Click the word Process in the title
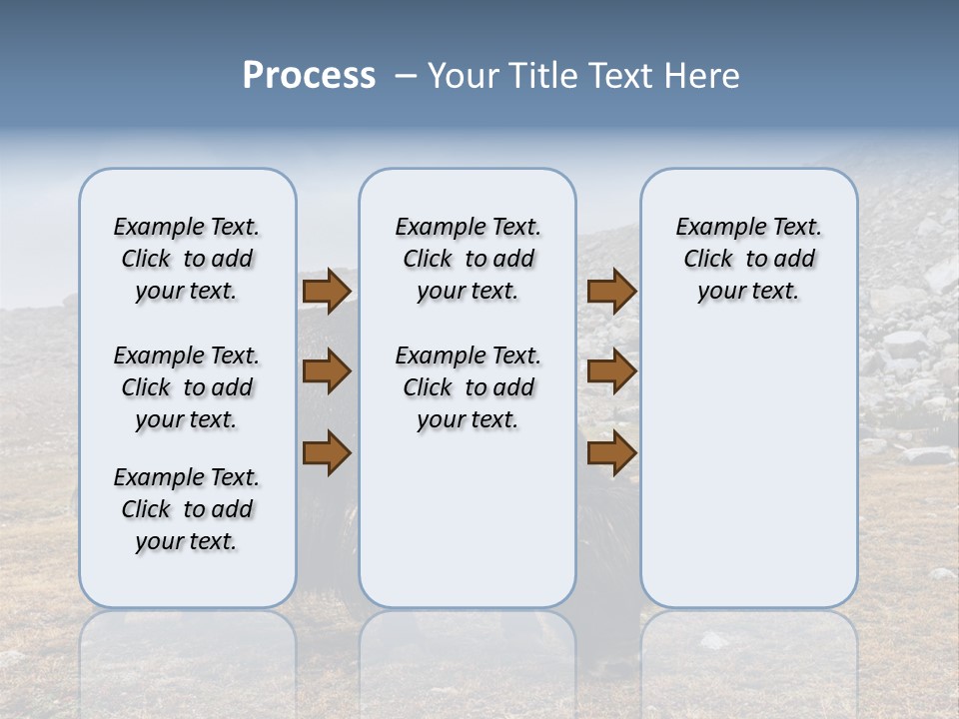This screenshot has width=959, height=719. point(309,76)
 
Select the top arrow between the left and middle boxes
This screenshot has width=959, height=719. point(327,291)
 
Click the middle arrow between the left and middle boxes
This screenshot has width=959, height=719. point(327,371)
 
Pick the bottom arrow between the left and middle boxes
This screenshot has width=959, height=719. point(327,452)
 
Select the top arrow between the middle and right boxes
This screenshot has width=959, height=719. point(611,291)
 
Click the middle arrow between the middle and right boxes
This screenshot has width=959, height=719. point(611,371)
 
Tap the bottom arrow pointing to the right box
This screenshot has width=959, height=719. point(611,452)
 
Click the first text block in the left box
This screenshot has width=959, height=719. point(187,259)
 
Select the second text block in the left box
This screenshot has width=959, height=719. point(187,387)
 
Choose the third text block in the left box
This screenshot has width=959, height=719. point(187,509)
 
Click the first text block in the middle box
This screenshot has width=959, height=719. point(468,259)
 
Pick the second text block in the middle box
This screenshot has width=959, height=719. point(468,387)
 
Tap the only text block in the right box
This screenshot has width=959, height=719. point(748,259)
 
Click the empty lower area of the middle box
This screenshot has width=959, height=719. point(468,519)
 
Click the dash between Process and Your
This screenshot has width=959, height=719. point(406,76)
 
